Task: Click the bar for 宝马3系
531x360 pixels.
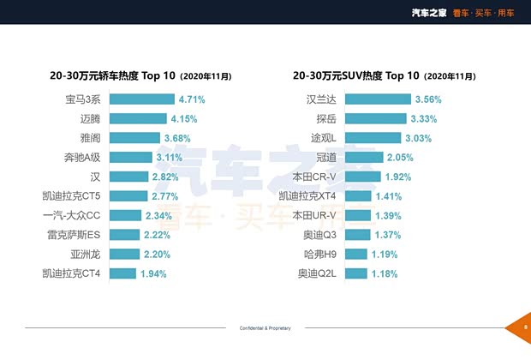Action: click(x=142, y=99)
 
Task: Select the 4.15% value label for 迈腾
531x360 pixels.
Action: click(x=188, y=119)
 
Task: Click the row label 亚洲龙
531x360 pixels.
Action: click(x=86, y=255)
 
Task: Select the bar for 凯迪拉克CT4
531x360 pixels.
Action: click(x=122, y=273)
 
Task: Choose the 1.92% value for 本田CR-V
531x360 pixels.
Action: click(x=398, y=177)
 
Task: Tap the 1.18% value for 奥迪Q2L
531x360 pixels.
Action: click(x=385, y=273)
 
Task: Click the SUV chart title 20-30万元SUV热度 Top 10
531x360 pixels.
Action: click(x=358, y=75)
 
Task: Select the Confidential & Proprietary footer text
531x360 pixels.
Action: click(x=265, y=328)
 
